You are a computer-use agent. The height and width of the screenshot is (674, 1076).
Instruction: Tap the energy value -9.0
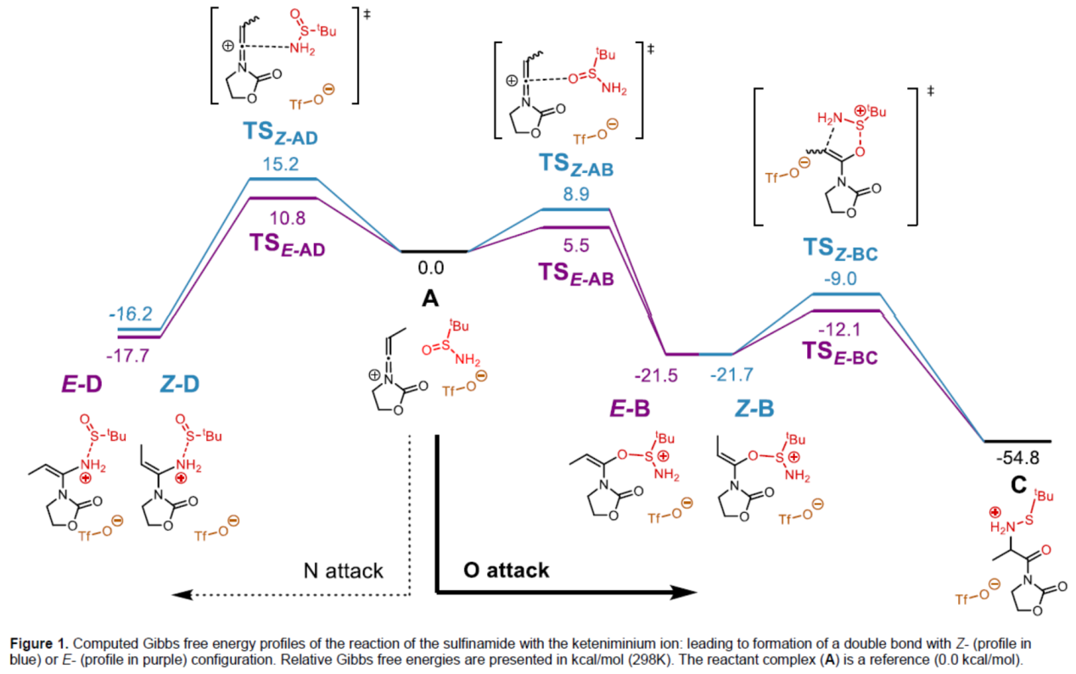(840, 277)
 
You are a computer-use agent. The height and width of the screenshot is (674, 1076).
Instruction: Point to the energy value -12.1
(840, 328)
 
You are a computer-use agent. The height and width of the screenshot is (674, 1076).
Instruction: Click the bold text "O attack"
(507, 571)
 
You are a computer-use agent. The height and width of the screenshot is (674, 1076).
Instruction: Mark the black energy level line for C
(1017, 442)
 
